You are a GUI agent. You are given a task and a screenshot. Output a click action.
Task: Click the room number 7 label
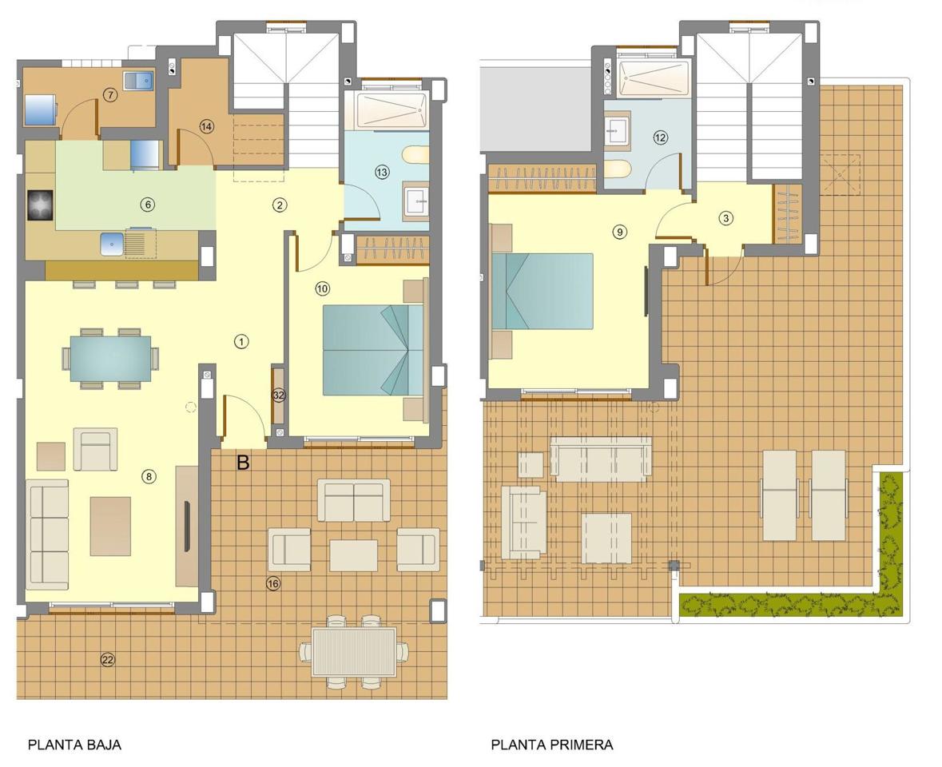pos(110,95)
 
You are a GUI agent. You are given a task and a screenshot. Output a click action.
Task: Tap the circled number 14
pos(206,126)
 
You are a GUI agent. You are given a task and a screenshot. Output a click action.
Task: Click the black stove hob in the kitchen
pos(40,205)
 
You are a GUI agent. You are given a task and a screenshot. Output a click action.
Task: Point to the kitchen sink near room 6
pos(113,242)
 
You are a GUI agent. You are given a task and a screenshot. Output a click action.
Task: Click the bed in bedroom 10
pos(372,350)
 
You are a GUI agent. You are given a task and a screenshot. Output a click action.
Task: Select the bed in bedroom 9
pos(543,291)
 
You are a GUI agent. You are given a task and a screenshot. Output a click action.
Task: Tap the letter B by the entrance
pos(243,463)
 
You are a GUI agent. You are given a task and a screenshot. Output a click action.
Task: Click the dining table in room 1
pos(110,358)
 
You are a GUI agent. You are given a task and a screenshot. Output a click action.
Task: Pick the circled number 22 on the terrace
pos(107,659)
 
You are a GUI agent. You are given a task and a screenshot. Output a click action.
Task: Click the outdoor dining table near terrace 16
pos(354,652)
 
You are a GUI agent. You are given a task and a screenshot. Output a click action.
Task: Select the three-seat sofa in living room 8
pos(47,534)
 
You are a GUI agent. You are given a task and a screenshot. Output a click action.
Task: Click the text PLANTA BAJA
pos(74,745)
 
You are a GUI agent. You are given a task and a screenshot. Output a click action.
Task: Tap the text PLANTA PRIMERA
pos(551,745)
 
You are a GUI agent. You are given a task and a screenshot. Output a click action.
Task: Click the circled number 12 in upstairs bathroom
pos(660,137)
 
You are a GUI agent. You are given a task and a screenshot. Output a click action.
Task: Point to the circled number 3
pos(725,217)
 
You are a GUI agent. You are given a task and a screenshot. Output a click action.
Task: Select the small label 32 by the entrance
pos(278,395)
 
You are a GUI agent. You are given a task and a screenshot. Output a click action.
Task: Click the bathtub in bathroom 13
pos(392,110)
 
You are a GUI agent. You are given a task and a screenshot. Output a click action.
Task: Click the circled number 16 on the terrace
pos(272,583)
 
